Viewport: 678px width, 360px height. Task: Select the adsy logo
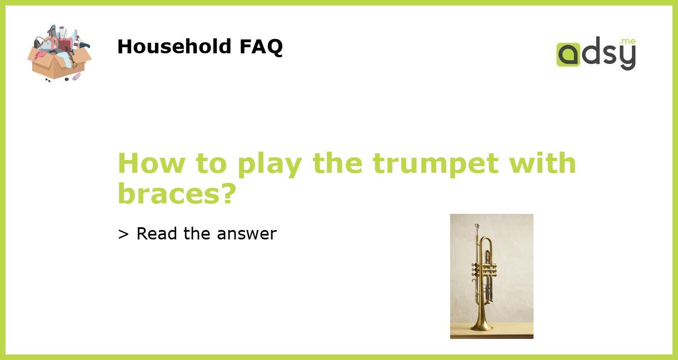596,53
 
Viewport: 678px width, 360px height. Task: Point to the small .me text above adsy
627,41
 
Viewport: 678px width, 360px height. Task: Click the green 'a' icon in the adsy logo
568,54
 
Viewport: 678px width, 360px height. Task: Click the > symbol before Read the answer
123,234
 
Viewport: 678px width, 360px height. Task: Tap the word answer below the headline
246,234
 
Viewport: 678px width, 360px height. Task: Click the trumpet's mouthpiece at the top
477,227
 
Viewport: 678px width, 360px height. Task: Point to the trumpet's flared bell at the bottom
481,323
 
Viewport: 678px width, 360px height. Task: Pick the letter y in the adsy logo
627,57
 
